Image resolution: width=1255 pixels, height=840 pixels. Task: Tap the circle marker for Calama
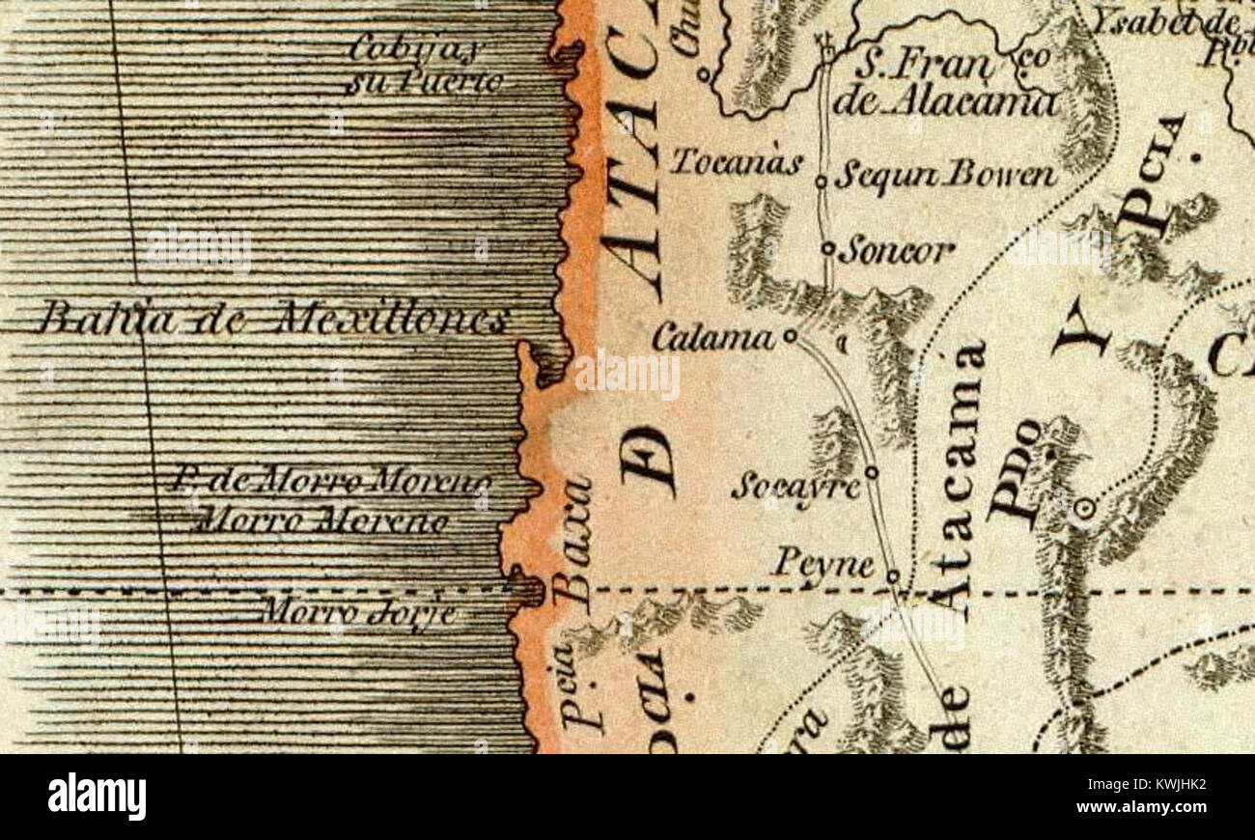pyautogui.click(x=790, y=336)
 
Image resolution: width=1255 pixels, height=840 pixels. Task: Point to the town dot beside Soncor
pyautogui.click(x=827, y=248)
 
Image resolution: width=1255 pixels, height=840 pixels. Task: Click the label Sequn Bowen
pyautogui.click(x=945, y=176)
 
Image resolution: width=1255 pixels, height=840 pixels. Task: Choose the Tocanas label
pyautogui.click(x=736, y=161)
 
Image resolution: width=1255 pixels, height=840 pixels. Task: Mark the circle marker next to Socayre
pyautogui.click(x=871, y=472)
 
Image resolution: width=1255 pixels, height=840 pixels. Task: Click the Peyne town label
pyautogui.click(x=823, y=563)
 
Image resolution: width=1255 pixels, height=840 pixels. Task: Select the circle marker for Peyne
pyautogui.click(x=893, y=576)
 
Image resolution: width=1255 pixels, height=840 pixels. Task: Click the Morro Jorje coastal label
pyautogui.click(x=359, y=612)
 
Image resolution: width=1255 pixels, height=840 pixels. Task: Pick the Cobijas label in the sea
pyautogui.click(x=417, y=46)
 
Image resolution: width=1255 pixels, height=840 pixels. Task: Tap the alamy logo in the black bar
pyautogui.click(x=97, y=797)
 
